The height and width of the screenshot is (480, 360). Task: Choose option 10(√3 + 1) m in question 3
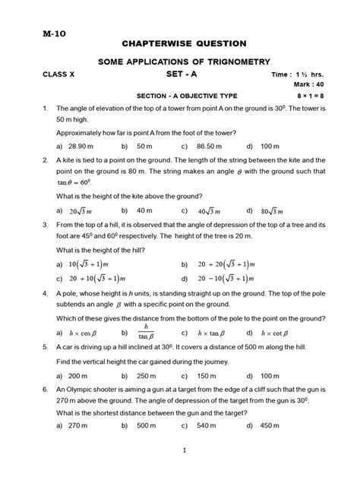89,264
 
